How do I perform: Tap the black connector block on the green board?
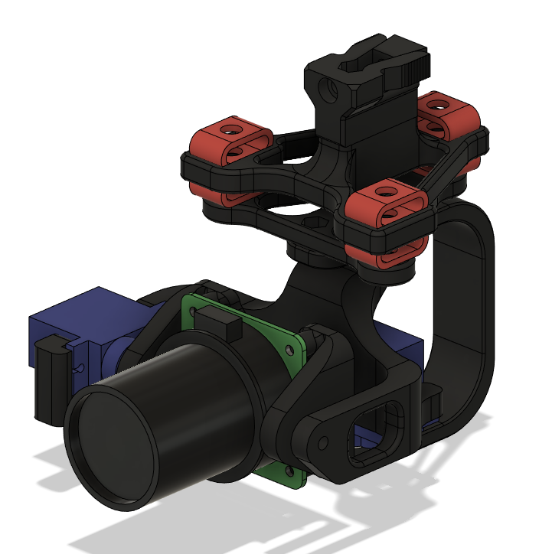226,329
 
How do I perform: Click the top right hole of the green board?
290,348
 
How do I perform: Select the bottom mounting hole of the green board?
289,471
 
